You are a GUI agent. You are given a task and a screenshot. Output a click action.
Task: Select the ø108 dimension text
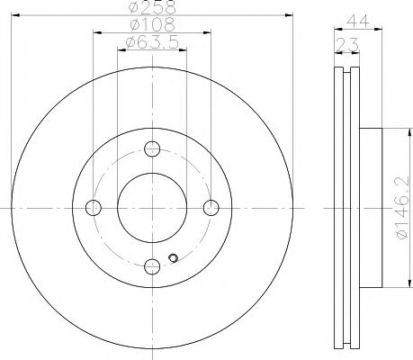tap(151, 25)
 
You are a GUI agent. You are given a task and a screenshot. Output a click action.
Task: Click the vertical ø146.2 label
tap(399, 207)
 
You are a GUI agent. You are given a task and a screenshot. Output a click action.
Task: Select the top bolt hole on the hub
tap(152, 149)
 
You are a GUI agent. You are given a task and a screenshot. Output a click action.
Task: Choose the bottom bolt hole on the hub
tap(152, 265)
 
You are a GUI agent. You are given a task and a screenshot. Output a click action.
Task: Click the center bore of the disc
tap(152, 208)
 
